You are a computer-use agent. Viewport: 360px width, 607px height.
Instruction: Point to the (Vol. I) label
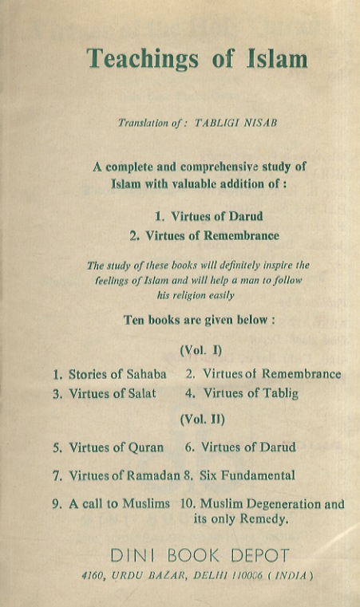201,349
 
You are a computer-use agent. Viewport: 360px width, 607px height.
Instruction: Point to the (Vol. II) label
202,418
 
